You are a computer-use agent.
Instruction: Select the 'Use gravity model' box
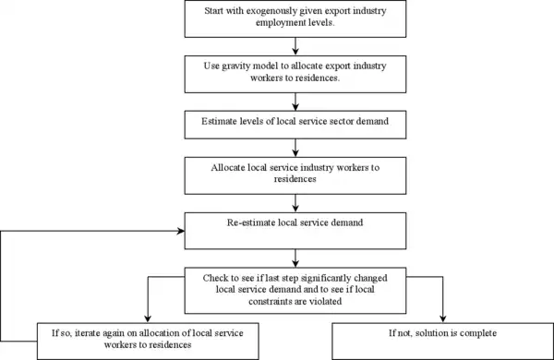pyautogui.click(x=293, y=74)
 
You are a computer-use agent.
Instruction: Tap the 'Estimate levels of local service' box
pyautogui.click(x=293, y=122)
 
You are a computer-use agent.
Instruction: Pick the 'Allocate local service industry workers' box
pyautogui.click(x=293, y=173)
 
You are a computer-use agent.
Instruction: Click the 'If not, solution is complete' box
pyautogui.click(x=441, y=337)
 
